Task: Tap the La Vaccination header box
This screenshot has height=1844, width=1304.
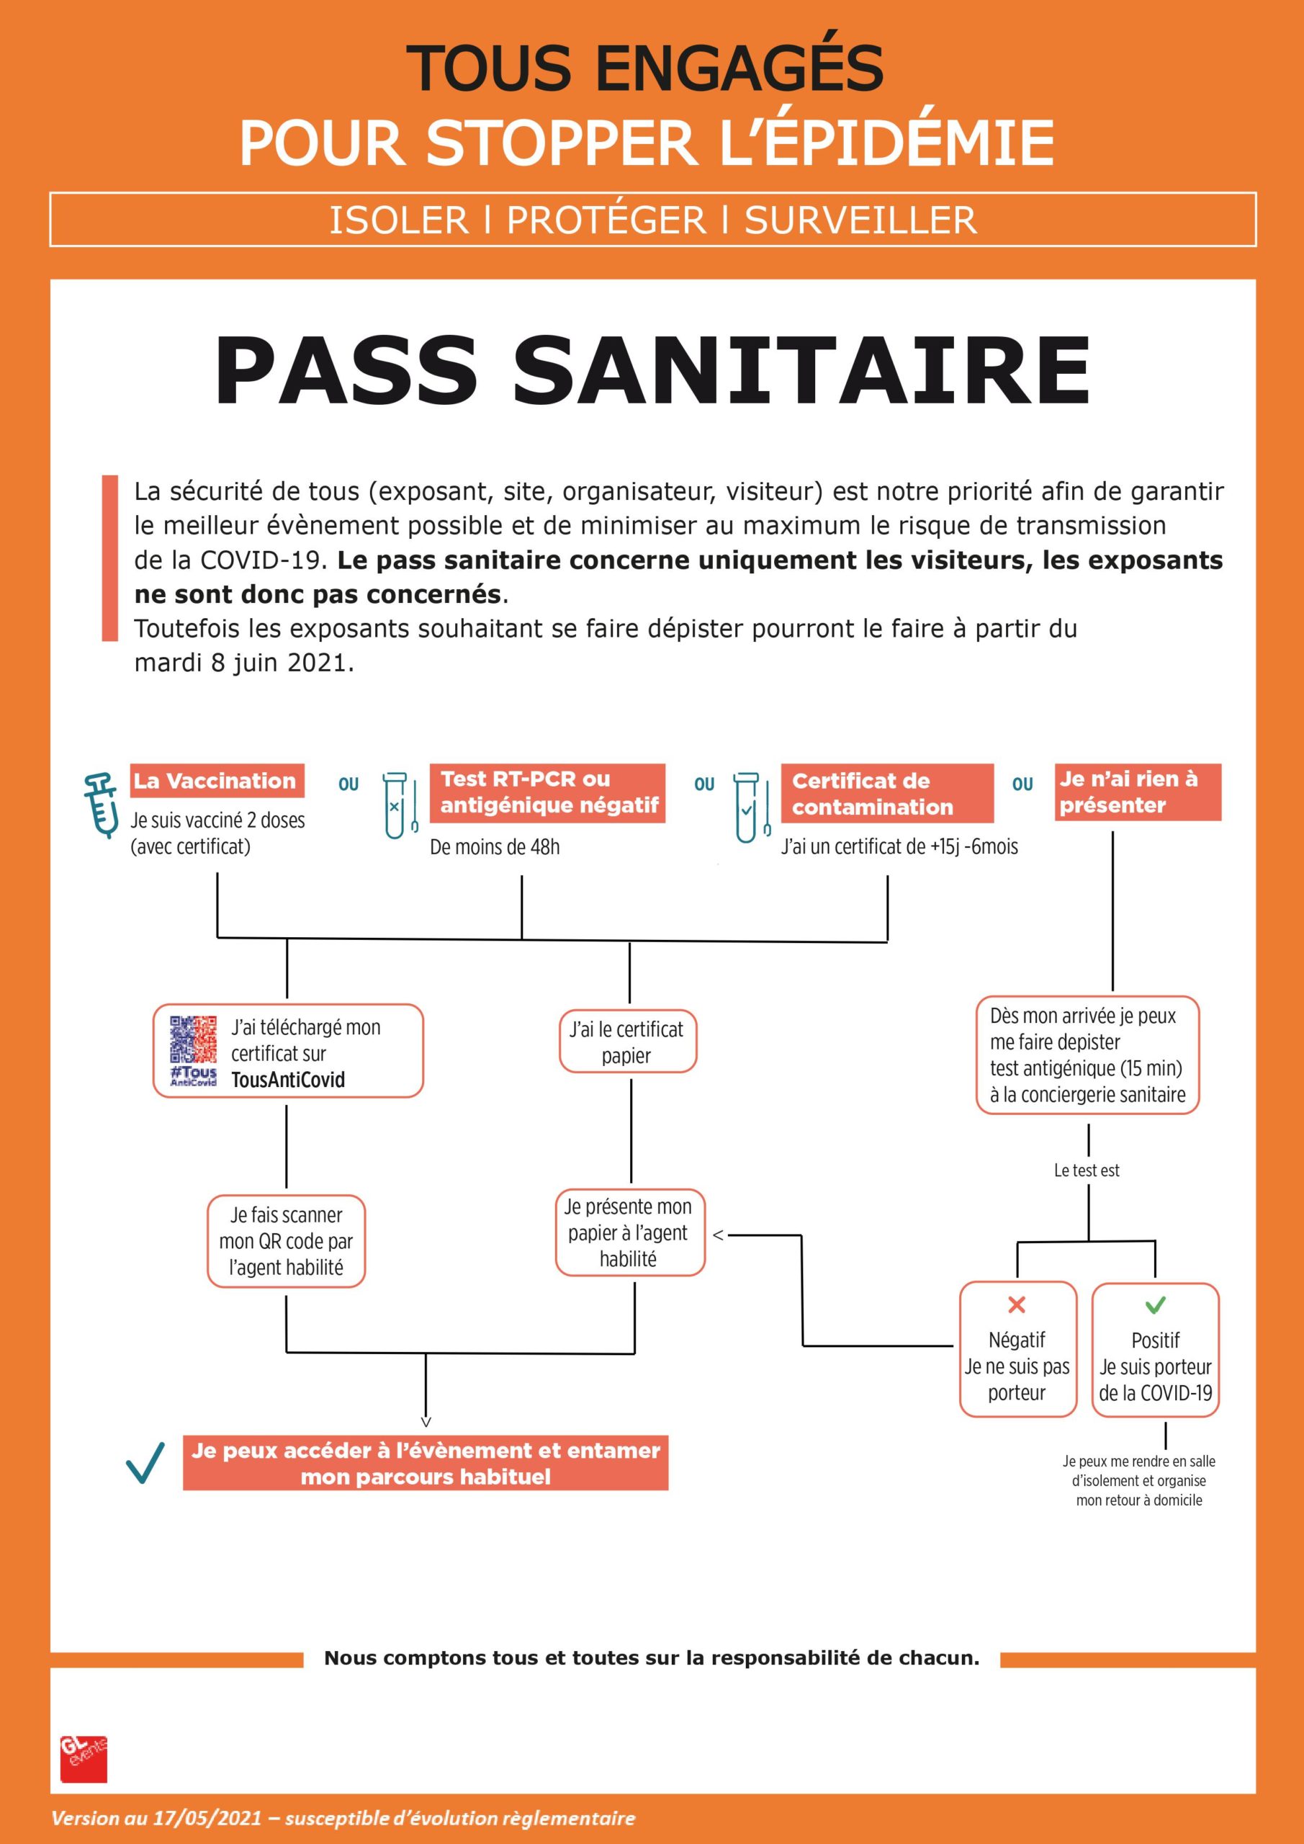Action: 217,781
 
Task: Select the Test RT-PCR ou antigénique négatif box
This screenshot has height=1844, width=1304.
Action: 549,792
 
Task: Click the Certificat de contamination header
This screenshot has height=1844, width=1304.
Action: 886,794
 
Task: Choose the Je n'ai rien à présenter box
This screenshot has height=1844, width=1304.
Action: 1137,792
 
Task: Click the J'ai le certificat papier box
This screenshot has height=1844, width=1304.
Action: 627,1042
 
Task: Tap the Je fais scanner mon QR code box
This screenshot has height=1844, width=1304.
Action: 286,1241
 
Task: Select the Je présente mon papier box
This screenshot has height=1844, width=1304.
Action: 629,1232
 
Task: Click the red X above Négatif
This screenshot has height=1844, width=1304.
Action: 1017,1304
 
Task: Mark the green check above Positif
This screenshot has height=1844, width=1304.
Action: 1155,1304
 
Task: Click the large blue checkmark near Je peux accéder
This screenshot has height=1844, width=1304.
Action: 145,1462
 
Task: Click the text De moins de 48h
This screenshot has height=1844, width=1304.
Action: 495,847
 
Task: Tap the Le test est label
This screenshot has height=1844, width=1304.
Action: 1087,1171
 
